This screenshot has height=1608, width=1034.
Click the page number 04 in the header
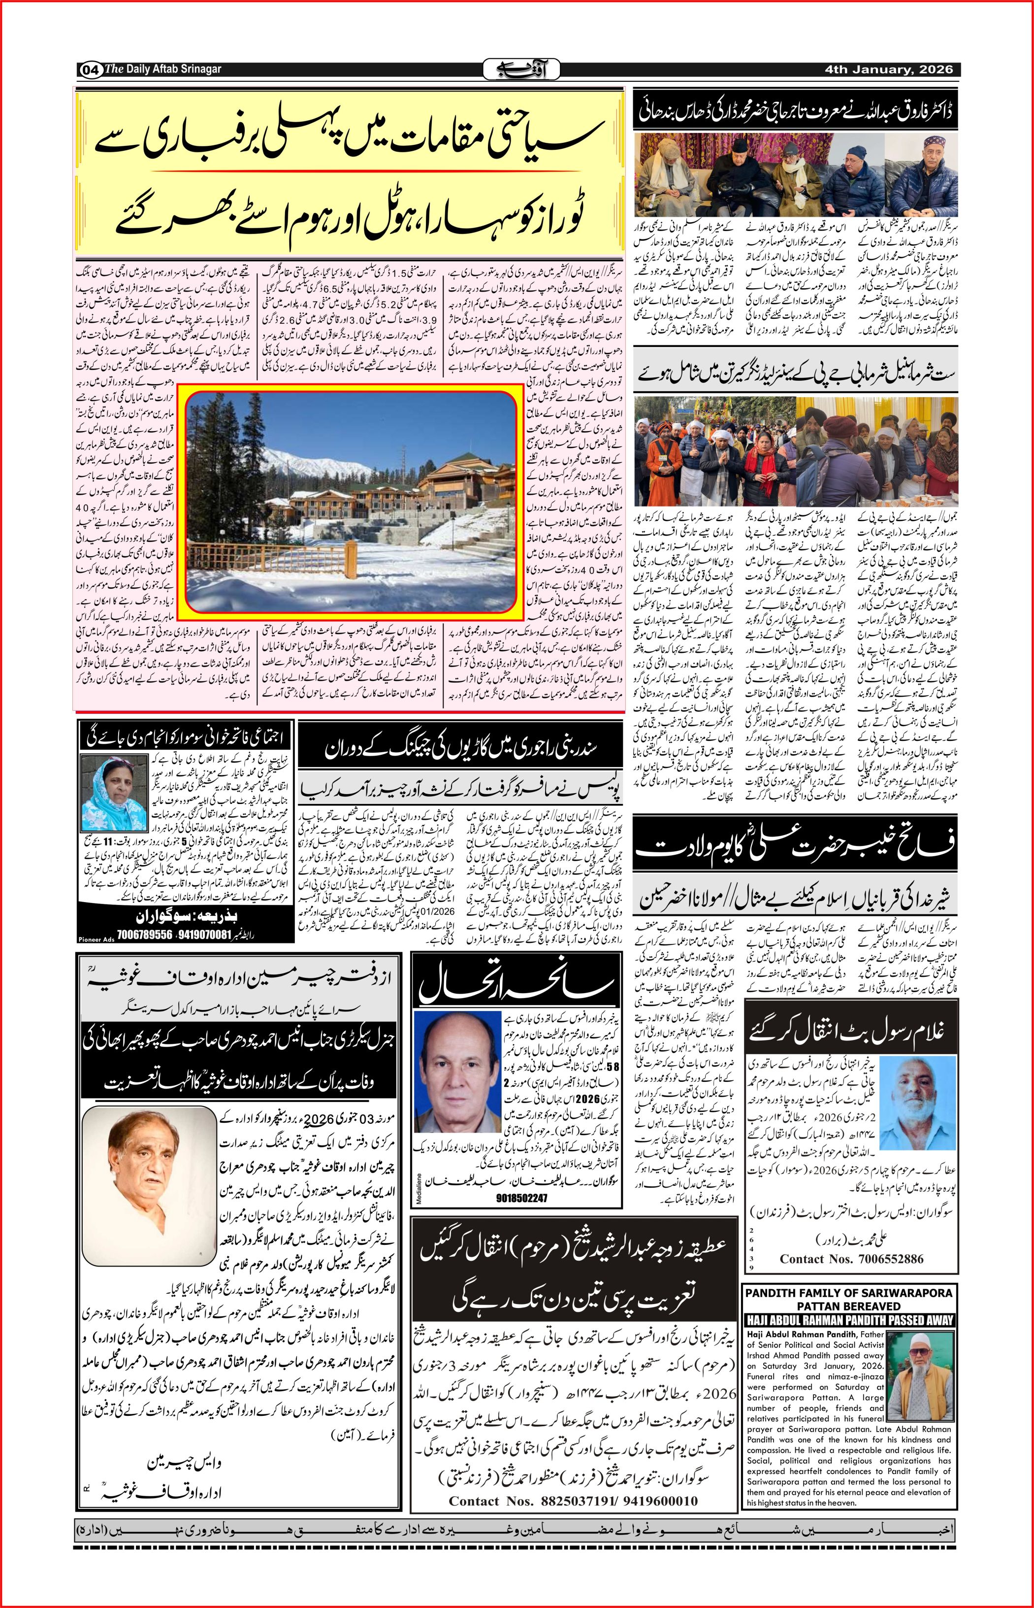pyautogui.click(x=90, y=69)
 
